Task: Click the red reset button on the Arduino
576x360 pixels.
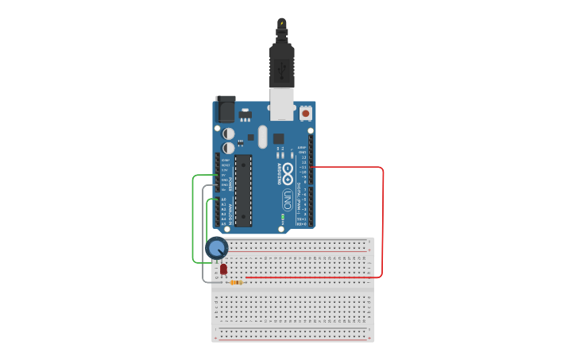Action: point(305,114)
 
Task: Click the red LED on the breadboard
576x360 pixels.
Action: point(223,269)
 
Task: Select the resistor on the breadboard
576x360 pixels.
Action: point(235,282)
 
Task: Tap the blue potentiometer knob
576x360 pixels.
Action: point(216,248)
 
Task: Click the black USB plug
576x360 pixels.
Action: point(282,64)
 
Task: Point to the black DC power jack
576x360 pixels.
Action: point(226,108)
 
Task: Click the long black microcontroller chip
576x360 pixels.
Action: point(243,190)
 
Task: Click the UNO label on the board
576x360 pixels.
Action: point(288,200)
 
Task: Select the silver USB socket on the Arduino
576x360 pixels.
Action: point(282,103)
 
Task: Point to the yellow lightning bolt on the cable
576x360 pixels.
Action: point(282,22)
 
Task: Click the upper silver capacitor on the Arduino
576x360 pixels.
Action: point(229,134)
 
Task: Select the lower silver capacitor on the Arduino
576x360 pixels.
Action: point(229,148)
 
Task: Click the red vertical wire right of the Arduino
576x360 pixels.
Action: point(383,223)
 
